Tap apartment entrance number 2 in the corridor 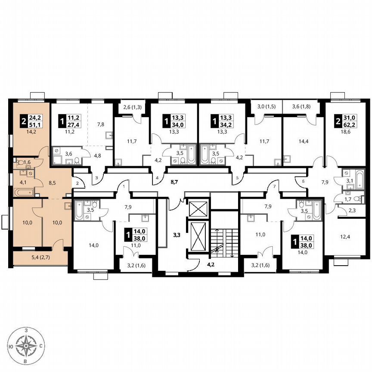point(77,184)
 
